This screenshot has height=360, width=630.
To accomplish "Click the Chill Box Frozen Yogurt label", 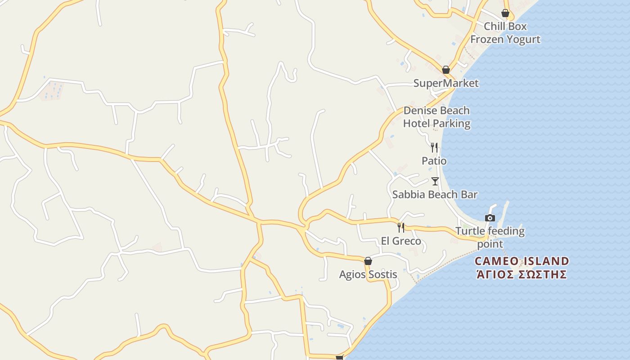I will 505,33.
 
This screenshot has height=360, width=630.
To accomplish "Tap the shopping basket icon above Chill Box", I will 505,13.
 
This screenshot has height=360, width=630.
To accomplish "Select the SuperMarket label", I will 446,83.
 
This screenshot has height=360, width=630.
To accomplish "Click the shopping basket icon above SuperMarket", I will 446,70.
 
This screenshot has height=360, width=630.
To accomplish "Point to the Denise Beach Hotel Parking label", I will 436,117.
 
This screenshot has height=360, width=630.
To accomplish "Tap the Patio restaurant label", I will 434,161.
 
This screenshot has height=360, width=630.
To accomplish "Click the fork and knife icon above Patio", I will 434,147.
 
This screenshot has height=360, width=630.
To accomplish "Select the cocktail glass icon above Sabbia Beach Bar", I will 435,181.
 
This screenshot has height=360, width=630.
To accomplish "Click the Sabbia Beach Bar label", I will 435,194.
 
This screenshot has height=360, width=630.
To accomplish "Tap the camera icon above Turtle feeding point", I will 490,218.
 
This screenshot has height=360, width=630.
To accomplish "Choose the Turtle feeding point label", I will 490,238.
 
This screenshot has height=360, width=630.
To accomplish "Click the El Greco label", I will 401,241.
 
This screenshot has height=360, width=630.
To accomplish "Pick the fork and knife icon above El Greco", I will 401,228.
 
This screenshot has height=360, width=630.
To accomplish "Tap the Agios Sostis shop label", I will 368,274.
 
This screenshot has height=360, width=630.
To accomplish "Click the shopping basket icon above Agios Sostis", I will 368,261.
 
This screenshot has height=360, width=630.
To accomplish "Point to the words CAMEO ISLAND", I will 522,261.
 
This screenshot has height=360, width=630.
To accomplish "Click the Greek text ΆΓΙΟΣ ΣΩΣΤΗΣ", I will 521,274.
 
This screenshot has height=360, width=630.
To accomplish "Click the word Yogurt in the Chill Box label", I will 523,40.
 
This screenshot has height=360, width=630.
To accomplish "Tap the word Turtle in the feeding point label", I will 470,231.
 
